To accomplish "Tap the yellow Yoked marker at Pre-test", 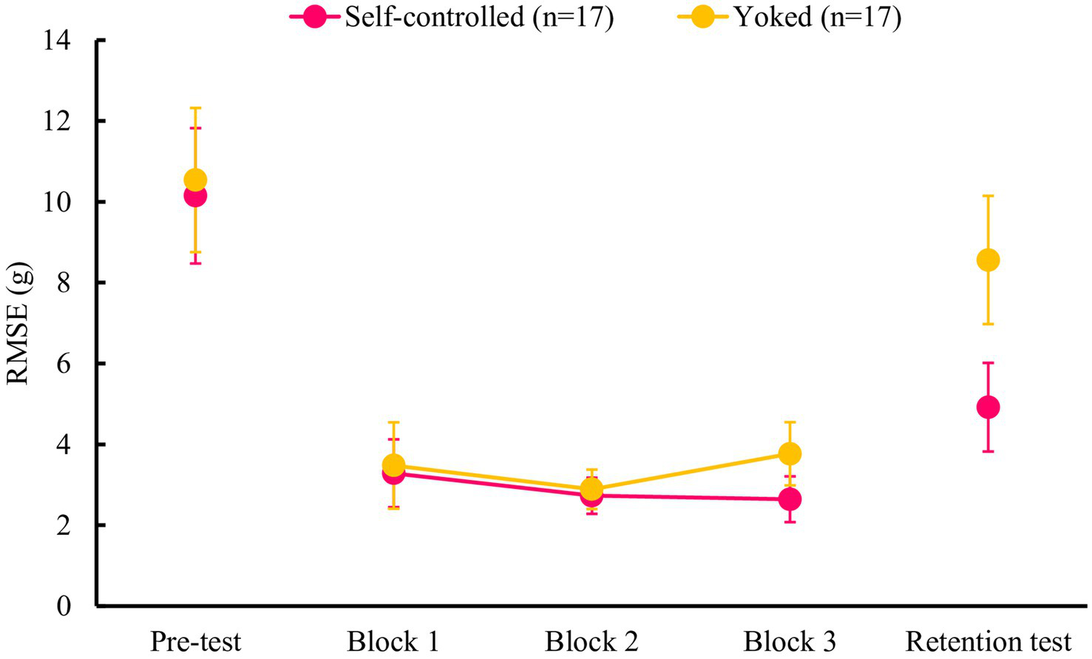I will tap(195, 180).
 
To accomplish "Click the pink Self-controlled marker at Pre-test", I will tap(195, 197).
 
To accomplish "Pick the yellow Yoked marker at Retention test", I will tap(988, 260).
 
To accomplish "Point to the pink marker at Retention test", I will tap(988, 407).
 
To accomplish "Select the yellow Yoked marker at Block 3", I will tap(790, 453).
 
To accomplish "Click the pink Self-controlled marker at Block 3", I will tap(790, 499).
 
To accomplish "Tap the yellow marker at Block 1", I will tap(393, 464).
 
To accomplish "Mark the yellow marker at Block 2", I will tap(591, 488).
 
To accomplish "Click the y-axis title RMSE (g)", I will tap(18, 323).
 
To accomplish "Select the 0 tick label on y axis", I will tap(64, 606).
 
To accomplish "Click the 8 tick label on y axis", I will tap(64, 283).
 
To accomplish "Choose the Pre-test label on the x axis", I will tap(195, 641).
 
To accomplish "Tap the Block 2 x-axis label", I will tap(591, 641).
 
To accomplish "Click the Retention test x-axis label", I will tap(988, 641).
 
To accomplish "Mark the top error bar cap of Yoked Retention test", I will tap(988, 196).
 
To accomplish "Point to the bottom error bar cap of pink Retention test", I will tap(988, 451).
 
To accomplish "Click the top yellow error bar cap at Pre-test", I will tap(195, 108).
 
